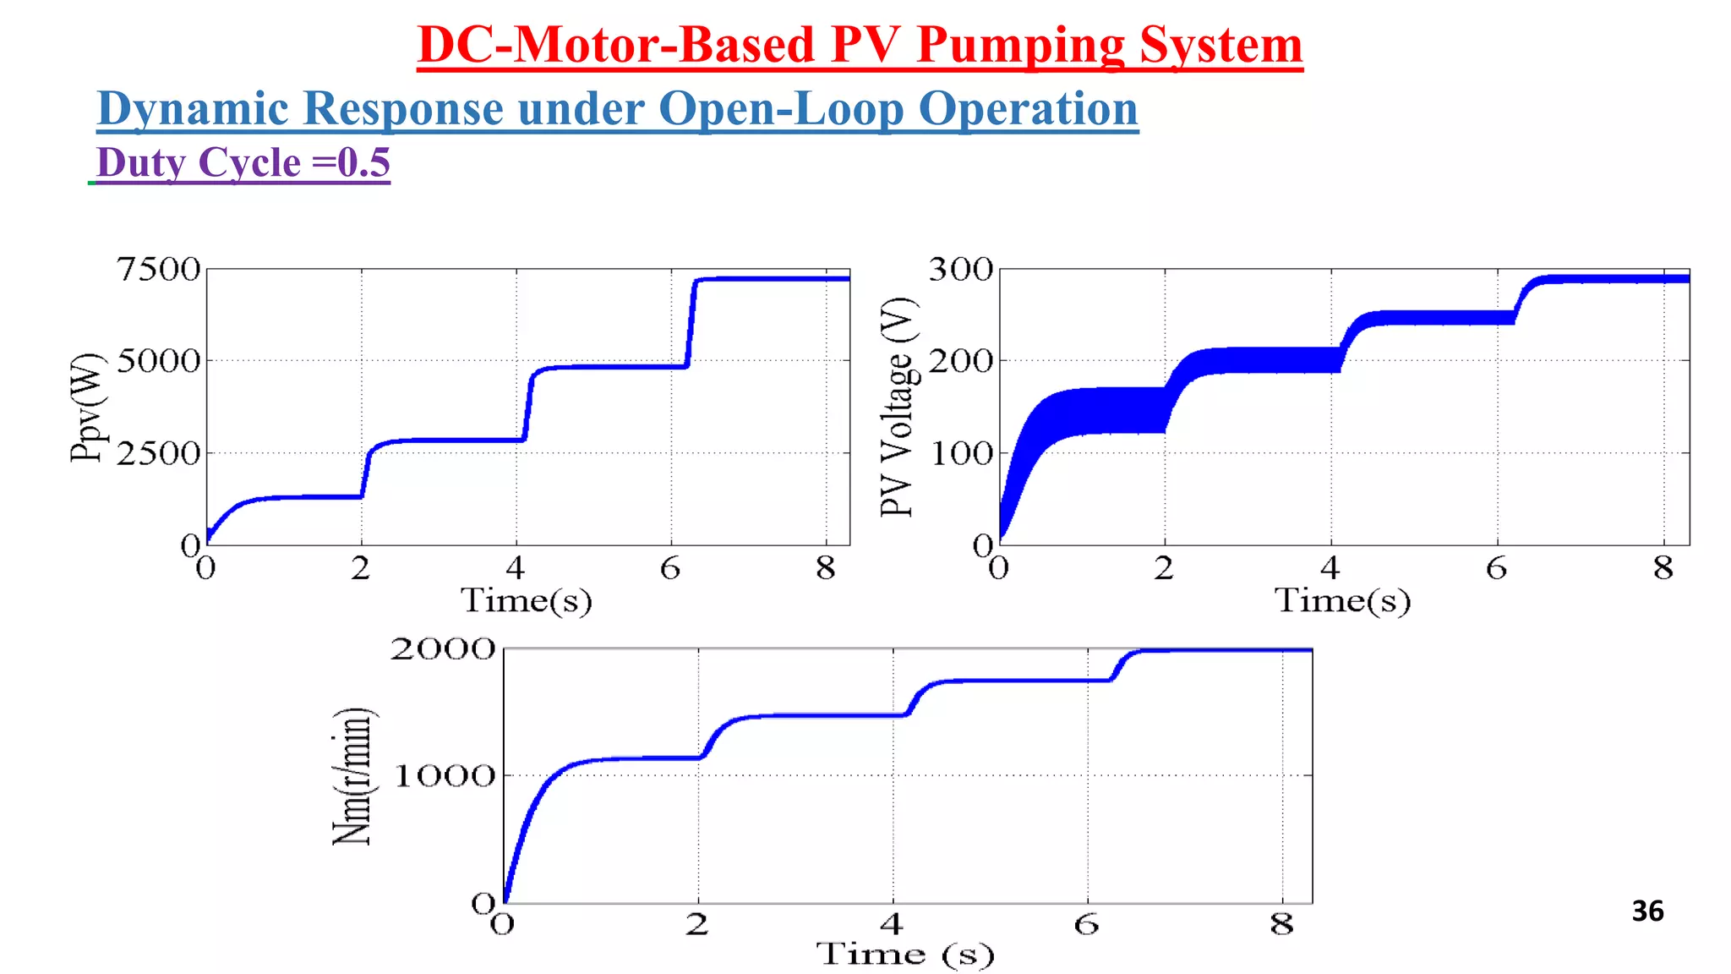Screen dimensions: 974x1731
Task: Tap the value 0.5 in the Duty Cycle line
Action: coord(363,162)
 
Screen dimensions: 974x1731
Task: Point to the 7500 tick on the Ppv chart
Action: coord(158,270)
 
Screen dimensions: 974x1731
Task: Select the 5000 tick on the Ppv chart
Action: coord(158,361)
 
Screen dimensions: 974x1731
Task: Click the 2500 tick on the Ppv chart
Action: coord(158,454)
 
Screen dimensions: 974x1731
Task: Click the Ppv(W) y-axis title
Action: coord(87,408)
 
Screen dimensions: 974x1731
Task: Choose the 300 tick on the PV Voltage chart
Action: coord(960,270)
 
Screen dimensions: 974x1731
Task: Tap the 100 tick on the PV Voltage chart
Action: coord(960,454)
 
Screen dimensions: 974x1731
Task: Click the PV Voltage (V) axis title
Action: coord(898,407)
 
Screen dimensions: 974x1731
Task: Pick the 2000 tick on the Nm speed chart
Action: coord(442,649)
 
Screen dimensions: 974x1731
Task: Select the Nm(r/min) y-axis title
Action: coord(352,776)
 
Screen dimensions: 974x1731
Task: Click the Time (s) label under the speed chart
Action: coord(905,955)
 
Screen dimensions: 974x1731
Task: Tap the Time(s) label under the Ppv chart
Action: coord(526,601)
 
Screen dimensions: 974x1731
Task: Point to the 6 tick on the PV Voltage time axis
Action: coord(1496,569)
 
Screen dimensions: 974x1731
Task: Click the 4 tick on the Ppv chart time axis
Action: coord(516,569)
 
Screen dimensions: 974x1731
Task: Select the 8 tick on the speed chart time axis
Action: coord(1281,925)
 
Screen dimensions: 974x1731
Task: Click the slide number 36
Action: coord(1646,911)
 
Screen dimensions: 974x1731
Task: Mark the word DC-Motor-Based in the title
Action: coord(615,46)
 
